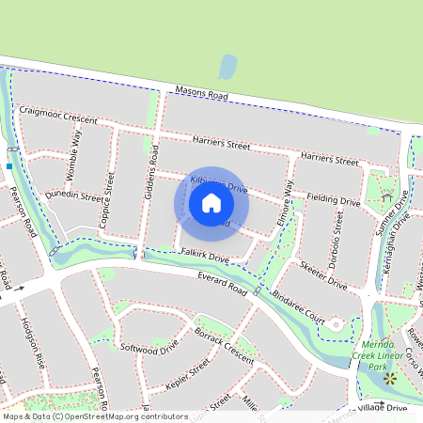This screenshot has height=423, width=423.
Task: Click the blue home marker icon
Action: click(x=211, y=203)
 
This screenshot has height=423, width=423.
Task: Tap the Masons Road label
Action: click(x=201, y=96)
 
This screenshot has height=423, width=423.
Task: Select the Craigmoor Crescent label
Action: click(x=63, y=116)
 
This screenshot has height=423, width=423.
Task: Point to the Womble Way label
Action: click(x=75, y=148)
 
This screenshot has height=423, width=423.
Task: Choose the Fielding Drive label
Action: click(x=333, y=199)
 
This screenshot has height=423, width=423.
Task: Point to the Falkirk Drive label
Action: click(x=206, y=257)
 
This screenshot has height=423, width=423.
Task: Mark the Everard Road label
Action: click(x=222, y=284)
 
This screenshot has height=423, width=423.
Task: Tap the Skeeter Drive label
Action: click(x=323, y=267)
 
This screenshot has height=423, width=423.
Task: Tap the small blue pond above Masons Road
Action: click(x=227, y=67)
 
